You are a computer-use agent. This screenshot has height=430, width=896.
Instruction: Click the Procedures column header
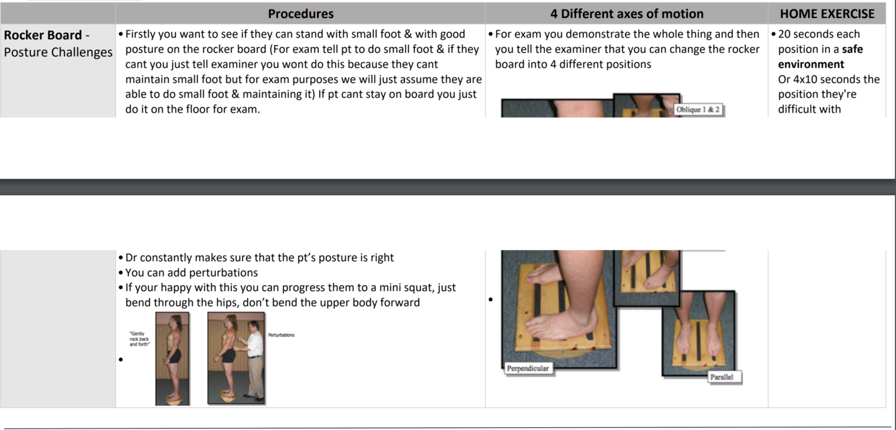coord(300,13)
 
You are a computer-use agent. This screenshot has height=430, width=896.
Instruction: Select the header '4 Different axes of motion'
coord(627,13)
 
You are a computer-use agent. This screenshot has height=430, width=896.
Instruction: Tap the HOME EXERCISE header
coord(827,13)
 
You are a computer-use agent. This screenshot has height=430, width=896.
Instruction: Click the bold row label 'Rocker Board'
coord(43,35)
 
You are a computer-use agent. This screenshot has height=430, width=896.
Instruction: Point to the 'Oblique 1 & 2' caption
coord(698,109)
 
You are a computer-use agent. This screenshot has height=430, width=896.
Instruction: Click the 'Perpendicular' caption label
coord(528,368)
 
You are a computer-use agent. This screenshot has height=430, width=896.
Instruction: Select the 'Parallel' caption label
coord(722,377)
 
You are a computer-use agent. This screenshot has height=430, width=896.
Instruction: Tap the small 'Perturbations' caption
coord(281,335)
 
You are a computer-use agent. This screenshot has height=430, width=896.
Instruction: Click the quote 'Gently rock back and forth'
coord(139,339)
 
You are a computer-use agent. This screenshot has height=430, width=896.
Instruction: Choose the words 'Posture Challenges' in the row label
coord(58,52)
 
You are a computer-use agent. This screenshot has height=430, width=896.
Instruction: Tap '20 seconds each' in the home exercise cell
coord(819,34)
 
